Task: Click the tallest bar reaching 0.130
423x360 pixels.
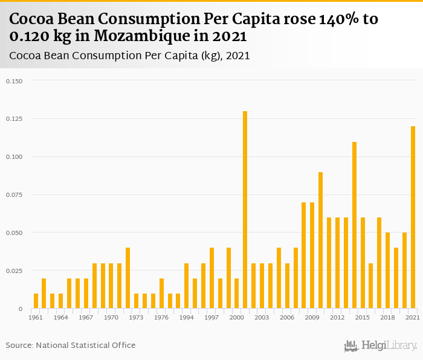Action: click(x=245, y=210)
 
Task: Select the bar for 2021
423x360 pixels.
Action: click(x=413, y=217)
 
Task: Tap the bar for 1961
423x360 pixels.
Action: click(x=36, y=301)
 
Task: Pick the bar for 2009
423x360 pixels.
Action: click(x=312, y=256)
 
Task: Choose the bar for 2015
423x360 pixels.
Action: click(x=363, y=263)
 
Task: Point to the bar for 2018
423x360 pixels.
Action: click(x=387, y=271)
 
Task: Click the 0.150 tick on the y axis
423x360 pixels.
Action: click(x=14, y=81)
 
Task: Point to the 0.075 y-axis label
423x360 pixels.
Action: click(x=14, y=195)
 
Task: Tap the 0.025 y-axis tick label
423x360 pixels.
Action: click(x=14, y=271)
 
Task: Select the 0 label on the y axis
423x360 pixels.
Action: click(x=20, y=309)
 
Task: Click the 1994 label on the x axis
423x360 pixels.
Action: click(x=187, y=317)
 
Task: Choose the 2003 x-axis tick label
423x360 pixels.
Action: click(x=262, y=317)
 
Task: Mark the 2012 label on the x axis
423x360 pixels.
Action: click(x=337, y=317)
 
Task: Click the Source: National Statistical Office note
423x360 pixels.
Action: click(x=71, y=345)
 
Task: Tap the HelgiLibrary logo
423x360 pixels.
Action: click(x=381, y=346)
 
